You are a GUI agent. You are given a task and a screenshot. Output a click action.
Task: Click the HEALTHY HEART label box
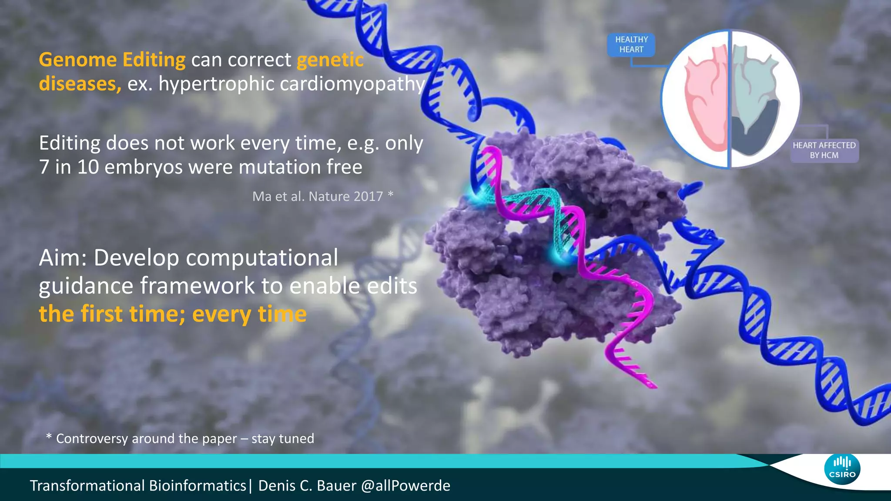[631, 45]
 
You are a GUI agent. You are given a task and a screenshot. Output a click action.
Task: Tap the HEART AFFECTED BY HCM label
[824, 150]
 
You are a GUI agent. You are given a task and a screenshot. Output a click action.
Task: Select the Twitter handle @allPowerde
[405, 486]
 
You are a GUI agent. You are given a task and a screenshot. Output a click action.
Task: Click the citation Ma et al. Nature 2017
[318, 197]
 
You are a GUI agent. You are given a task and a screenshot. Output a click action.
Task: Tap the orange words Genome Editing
[112, 60]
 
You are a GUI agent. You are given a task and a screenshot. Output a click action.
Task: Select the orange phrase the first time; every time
[173, 314]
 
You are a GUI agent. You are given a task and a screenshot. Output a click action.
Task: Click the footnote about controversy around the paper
[180, 438]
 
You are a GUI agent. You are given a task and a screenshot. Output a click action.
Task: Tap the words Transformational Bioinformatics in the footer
[138, 486]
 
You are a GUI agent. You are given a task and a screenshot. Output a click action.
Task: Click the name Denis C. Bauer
[307, 486]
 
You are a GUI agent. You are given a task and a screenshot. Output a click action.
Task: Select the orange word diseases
[78, 84]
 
